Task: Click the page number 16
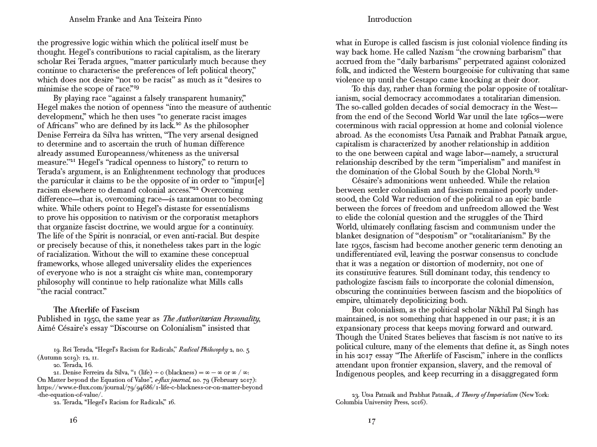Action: (73, 420)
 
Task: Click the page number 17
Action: (372, 421)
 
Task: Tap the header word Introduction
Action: (390, 19)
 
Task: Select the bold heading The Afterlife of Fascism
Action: (96, 309)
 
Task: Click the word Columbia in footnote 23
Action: (351, 403)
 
